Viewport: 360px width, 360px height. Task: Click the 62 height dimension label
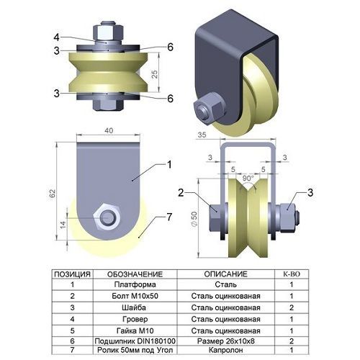(53, 194)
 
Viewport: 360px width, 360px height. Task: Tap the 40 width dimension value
(109, 130)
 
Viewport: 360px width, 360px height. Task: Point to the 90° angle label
(248, 178)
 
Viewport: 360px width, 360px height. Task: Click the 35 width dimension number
(202, 135)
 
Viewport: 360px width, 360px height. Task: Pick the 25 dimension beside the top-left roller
(156, 74)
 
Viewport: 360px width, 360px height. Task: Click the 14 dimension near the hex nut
(63, 225)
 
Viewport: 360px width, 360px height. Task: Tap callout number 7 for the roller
(169, 217)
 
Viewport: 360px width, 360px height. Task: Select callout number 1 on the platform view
(169, 165)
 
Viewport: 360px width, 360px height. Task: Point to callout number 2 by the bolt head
(181, 192)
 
